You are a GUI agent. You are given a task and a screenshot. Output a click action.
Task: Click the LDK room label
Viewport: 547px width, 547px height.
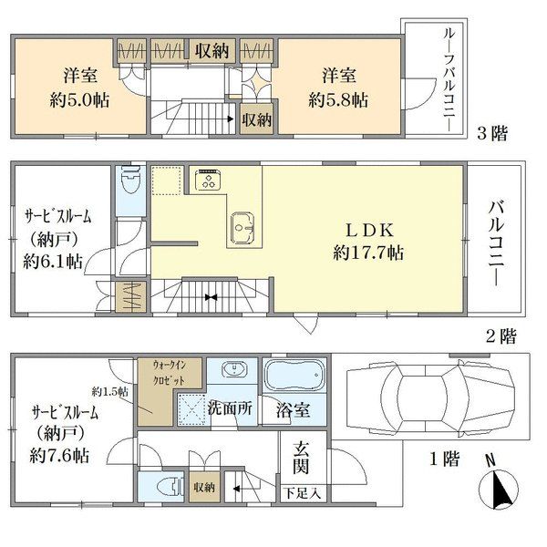pyautogui.click(x=369, y=231)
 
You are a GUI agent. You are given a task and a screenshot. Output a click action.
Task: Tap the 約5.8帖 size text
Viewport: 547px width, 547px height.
pyautogui.click(x=338, y=101)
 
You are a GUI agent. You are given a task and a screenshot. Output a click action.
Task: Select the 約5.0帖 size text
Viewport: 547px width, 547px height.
pyautogui.click(x=80, y=101)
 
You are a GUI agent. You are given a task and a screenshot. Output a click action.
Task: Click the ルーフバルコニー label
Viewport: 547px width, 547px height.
pyautogui.click(x=449, y=79)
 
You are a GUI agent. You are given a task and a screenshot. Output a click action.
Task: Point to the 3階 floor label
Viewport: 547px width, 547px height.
pyautogui.click(x=492, y=133)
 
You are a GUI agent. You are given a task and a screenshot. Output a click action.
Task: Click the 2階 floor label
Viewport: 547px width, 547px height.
pyautogui.click(x=501, y=336)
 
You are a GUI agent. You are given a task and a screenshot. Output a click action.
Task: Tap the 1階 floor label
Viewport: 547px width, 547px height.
pyautogui.click(x=444, y=459)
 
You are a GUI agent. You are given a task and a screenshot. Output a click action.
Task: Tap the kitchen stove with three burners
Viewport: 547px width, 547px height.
pyautogui.click(x=208, y=180)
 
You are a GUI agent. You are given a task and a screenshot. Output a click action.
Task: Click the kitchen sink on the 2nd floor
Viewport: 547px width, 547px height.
pyautogui.click(x=243, y=227)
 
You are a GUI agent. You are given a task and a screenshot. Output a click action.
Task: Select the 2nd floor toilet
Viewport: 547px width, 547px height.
pyautogui.click(x=130, y=180)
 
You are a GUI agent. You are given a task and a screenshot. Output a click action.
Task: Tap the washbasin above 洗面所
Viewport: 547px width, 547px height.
pyautogui.click(x=234, y=369)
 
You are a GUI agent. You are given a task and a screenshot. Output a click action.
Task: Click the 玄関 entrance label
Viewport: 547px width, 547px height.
pyautogui.click(x=301, y=457)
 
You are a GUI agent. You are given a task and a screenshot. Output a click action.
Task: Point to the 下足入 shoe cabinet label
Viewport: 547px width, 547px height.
pyautogui.click(x=302, y=494)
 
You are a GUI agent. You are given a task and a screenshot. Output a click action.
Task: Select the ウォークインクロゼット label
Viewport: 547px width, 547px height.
pyautogui.click(x=170, y=373)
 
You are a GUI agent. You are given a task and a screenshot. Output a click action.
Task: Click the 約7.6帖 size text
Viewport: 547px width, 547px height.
pyautogui.click(x=59, y=456)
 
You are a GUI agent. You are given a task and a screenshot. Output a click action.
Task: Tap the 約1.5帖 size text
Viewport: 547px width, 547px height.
pyautogui.click(x=109, y=392)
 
